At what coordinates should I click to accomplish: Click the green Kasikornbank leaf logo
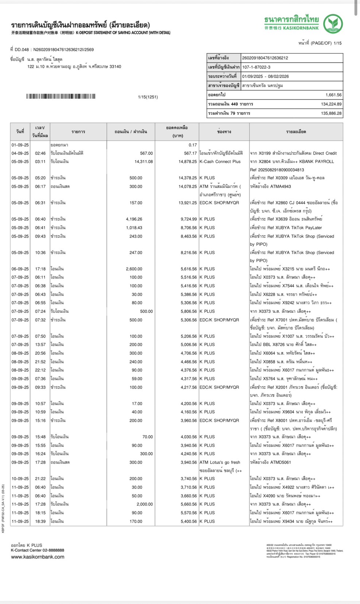333,23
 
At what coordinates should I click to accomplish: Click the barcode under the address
61,97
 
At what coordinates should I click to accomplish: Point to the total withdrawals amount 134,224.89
331,104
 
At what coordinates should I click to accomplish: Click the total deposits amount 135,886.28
331,113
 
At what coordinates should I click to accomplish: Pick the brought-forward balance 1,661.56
333,95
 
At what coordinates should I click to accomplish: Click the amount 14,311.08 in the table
143,161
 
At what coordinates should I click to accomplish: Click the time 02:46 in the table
40,153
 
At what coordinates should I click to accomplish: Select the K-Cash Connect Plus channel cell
220,161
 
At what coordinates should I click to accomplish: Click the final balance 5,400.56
189,522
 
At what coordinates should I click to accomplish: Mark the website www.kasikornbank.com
38,557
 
